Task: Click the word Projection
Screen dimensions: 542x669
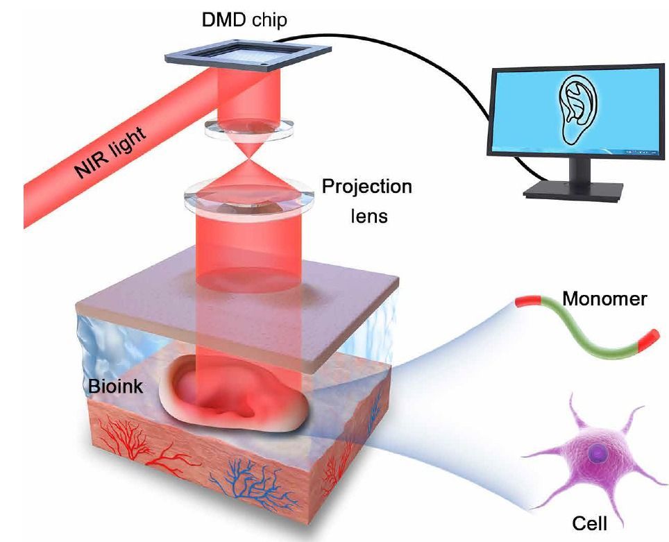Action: click(367, 187)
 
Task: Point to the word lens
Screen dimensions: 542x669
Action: click(369, 216)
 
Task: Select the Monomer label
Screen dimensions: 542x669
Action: click(604, 299)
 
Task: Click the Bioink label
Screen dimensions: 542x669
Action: click(115, 387)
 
